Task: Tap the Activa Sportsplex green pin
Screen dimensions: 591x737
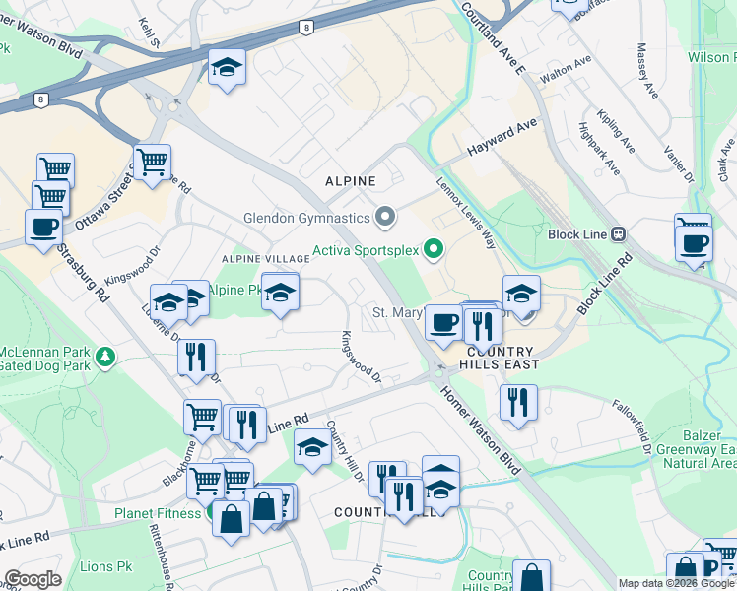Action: [432, 247]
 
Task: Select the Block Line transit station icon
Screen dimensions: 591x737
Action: [619, 234]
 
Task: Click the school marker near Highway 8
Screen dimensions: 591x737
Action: [227, 69]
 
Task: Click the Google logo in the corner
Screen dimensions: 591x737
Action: [33, 579]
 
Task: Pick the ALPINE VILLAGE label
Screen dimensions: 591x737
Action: [265, 258]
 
